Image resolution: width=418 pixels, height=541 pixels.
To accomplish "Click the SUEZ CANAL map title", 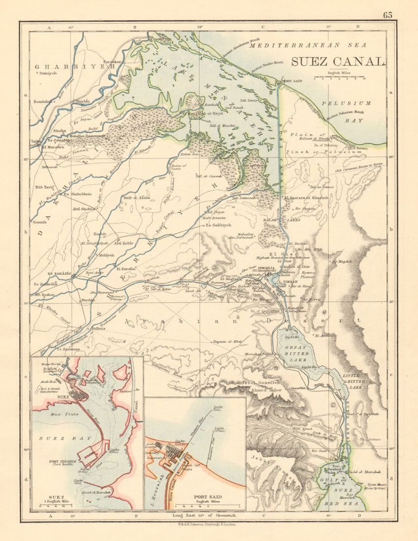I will (x=337, y=61).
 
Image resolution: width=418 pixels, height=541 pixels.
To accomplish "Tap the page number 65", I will (x=387, y=15).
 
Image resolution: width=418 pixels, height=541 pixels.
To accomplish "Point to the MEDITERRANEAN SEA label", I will (x=308, y=45).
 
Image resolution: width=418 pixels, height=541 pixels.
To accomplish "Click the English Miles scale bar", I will (x=339, y=78).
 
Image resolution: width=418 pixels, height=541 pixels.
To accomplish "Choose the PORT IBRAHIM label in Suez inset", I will (x=62, y=461).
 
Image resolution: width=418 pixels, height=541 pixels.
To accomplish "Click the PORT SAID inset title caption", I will (x=208, y=498).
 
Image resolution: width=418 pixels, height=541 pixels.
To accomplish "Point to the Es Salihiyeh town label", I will (x=218, y=225).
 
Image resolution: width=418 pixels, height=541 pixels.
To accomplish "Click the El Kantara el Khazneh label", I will (x=306, y=198).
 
